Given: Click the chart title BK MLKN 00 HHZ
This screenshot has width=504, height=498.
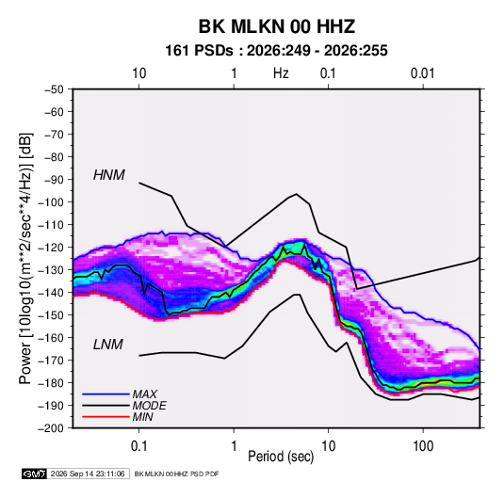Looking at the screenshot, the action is pos(277,26).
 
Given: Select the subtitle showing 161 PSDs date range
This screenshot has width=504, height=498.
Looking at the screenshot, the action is pos(276,51).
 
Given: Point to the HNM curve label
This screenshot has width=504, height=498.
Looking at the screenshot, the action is pos(109,175).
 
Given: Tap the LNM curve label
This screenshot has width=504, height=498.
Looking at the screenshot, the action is pos(108,345).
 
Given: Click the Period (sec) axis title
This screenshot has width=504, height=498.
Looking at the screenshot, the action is pos(281,457).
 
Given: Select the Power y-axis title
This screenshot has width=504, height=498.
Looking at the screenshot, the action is pos(25,258).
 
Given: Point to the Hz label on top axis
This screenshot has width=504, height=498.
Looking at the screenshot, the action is pos(281,73).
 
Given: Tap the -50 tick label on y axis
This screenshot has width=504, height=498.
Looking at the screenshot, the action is pos(55,89).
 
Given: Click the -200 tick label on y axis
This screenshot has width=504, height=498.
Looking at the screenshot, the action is pos(51,428).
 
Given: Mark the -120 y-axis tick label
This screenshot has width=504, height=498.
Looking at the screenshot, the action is pos(51,248).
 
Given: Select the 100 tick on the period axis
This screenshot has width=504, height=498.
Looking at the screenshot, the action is pos(423,446).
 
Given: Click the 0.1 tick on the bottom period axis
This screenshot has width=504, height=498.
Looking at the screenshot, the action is pos(138,446).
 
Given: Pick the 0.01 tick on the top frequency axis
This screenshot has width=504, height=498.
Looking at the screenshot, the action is pos(423,73).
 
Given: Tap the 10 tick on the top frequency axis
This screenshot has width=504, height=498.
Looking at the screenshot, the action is pos(138,73).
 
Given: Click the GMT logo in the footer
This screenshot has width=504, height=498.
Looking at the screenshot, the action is pos(35,474).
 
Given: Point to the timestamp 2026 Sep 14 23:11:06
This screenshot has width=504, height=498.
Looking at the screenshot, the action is pos(88,474).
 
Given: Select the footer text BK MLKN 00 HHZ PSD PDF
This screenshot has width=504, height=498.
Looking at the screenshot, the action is pos(176,474).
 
